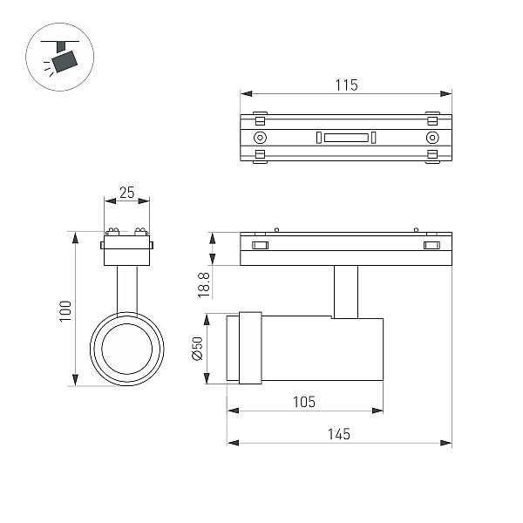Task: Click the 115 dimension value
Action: click(346, 85)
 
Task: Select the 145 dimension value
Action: click(339, 434)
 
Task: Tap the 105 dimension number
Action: click(304, 402)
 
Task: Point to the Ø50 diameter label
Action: click(197, 349)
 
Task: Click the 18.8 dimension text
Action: click(204, 285)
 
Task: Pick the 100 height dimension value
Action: click(65, 311)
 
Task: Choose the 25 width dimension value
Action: click(126, 193)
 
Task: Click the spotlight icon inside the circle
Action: click(60, 57)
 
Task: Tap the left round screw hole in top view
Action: click(260, 138)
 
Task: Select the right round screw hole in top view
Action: click(432, 138)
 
